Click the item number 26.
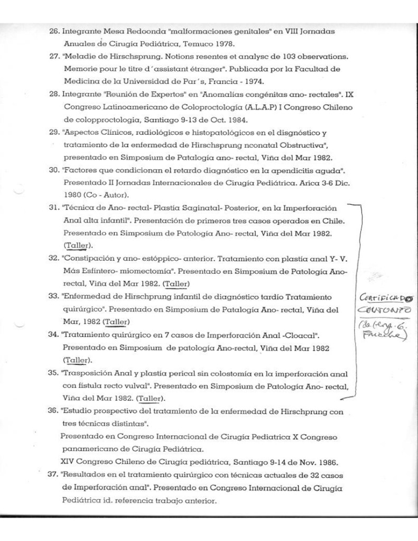[53, 32]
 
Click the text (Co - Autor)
[101, 195]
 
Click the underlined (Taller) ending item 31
[77, 246]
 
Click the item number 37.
[53, 474]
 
